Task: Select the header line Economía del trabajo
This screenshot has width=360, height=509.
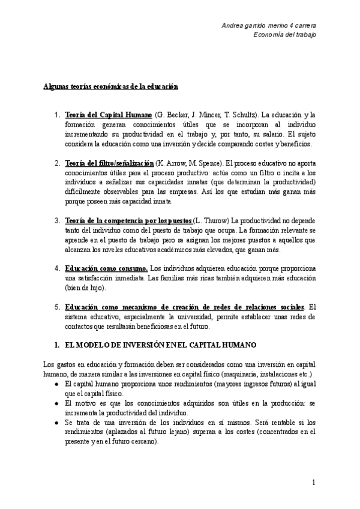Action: [x=286, y=34]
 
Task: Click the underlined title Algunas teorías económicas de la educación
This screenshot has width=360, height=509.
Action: [x=111, y=86]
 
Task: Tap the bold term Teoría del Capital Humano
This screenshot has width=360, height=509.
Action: [x=109, y=114]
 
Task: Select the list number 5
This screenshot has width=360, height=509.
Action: [x=56, y=307]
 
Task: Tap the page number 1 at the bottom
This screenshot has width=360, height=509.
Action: [x=314, y=483]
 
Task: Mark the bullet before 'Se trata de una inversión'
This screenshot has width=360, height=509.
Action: [x=56, y=423]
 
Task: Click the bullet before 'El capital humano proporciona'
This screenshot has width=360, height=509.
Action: [x=56, y=384]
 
